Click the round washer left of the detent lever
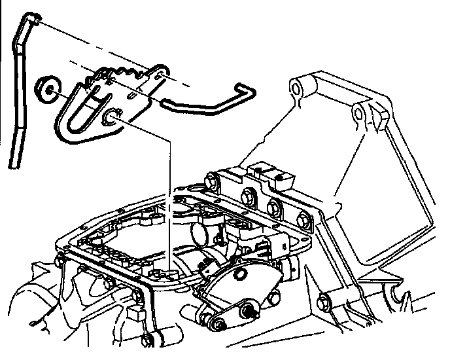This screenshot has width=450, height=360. [x=48, y=90]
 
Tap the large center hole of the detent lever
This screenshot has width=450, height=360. [x=113, y=118]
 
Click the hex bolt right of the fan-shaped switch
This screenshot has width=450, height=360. [x=323, y=303]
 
